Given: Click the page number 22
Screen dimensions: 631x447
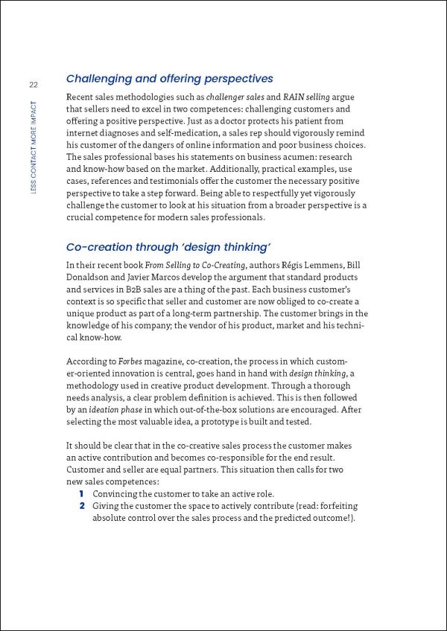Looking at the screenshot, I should (x=34, y=85).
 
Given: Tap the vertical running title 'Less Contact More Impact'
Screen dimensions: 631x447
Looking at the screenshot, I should (x=34, y=148).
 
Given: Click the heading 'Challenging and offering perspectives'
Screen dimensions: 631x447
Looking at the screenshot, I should (x=169, y=78).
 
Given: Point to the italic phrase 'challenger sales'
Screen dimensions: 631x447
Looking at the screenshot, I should (x=238, y=97).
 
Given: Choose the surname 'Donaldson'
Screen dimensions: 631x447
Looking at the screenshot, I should (x=93, y=278).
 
